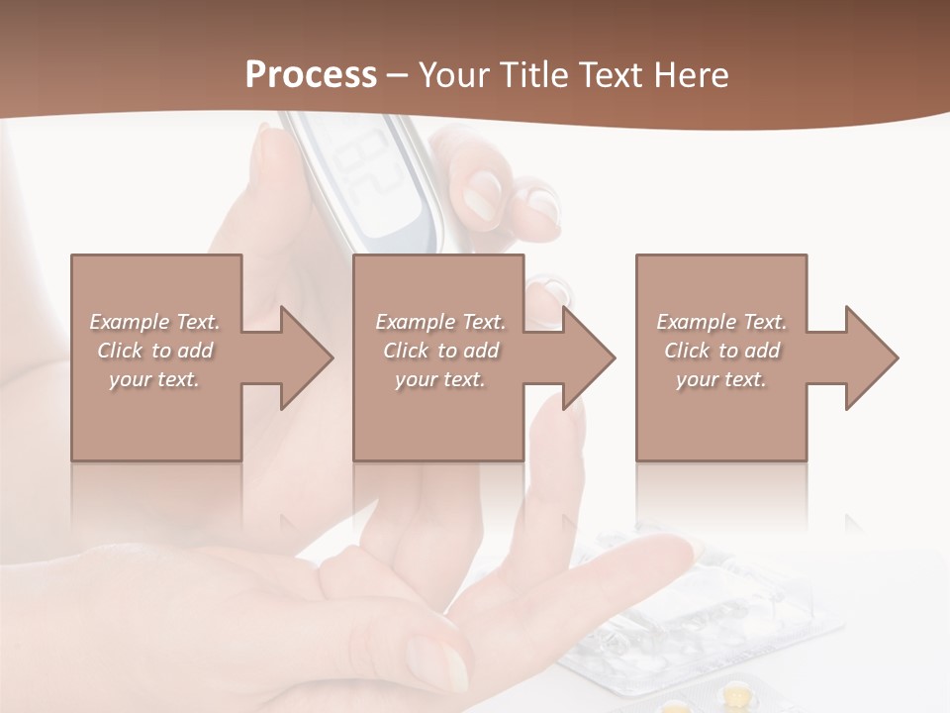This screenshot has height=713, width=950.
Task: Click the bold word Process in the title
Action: click(311, 75)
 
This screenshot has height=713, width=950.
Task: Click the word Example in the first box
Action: click(129, 322)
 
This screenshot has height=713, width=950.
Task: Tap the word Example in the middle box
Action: click(415, 322)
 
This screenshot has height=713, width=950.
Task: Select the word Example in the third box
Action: click(696, 322)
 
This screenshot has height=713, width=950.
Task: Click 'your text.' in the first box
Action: click(154, 379)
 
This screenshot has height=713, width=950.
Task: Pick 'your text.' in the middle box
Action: click(439, 379)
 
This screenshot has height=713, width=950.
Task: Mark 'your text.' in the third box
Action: click(721, 379)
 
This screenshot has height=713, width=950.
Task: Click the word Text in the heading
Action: click(609, 75)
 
